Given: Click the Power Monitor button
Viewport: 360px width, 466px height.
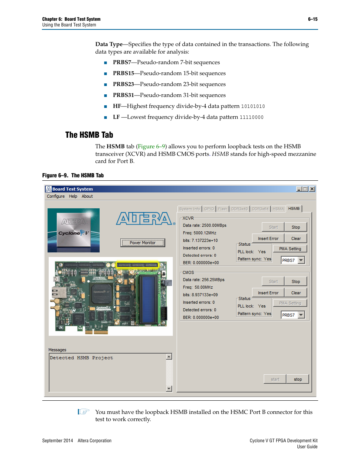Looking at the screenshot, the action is [143, 243].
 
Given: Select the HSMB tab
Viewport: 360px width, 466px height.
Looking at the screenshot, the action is [294, 209].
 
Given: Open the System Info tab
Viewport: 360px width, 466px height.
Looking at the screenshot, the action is [189, 209].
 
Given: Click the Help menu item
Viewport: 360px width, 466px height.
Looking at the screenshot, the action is [73, 196].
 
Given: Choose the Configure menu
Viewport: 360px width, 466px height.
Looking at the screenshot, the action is [56, 196].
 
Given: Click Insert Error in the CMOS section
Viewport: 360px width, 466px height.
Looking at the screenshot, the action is [268, 293].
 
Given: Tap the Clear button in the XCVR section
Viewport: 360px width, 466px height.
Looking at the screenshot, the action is [296, 238].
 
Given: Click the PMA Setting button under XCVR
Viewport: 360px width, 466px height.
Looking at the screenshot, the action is [290, 249].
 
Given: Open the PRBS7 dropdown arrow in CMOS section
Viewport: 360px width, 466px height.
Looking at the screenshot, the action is [301, 315].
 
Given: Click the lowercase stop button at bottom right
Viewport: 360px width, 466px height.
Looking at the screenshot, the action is [298, 379].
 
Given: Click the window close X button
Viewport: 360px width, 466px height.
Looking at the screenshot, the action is [312, 189].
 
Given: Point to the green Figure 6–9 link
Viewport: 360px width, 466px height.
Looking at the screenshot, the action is [151, 146].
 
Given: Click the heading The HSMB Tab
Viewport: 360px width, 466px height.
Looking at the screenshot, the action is [89, 135].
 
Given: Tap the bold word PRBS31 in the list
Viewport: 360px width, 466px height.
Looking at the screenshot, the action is [123, 95].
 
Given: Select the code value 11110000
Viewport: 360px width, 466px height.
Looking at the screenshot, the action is [252, 117].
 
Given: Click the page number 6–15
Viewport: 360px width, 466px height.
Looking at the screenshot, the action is [312, 19].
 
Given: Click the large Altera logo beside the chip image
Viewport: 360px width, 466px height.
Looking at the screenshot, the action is [145, 218].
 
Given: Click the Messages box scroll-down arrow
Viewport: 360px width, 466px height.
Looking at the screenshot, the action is [169, 389].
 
